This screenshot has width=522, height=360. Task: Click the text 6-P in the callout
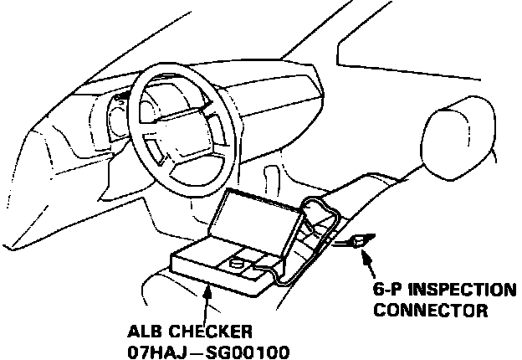coord(388,292)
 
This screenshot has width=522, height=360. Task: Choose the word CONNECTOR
coord(430,311)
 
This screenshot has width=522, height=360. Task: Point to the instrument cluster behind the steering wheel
coord(117,117)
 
